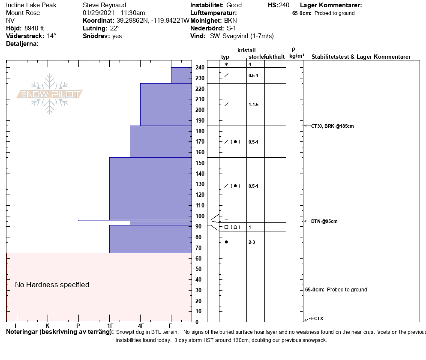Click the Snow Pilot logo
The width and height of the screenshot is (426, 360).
(x=50, y=94)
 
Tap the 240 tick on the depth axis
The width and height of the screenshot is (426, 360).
(x=200, y=68)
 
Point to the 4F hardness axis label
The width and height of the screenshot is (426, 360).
(x=141, y=327)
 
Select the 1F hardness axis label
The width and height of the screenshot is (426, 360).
(x=110, y=327)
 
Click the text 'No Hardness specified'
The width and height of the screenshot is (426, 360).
(x=52, y=285)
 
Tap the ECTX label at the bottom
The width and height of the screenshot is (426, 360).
(x=317, y=318)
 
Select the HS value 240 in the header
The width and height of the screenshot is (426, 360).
(x=284, y=5)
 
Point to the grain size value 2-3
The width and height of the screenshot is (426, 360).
(x=252, y=242)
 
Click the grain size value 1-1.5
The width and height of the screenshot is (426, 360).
(x=254, y=105)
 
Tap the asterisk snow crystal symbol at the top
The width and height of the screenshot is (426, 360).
(x=226, y=64)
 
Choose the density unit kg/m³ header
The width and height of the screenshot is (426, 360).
(x=297, y=56)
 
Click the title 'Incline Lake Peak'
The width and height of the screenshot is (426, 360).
(x=31, y=5)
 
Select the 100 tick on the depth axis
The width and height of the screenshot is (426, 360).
(x=200, y=216)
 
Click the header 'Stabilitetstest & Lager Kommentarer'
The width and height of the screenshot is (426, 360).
(x=361, y=57)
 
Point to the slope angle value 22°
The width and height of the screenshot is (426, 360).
(x=115, y=28)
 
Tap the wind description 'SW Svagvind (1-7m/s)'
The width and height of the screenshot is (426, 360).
(x=242, y=36)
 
